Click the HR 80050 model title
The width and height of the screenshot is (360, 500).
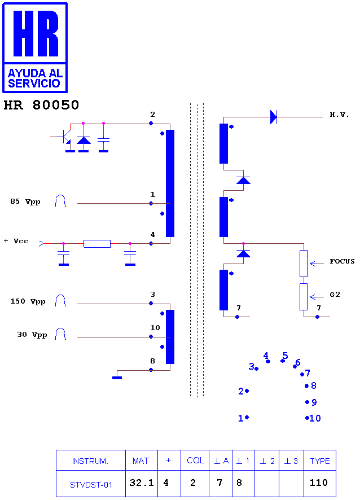(x=41, y=105)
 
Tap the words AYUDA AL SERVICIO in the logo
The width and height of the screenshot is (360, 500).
(x=35, y=78)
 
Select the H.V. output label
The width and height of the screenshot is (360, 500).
(x=339, y=115)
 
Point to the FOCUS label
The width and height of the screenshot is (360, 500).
(x=342, y=261)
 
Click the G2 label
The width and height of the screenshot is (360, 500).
(x=335, y=295)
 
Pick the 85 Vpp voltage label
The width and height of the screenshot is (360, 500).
(x=25, y=201)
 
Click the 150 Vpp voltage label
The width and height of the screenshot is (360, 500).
(x=28, y=301)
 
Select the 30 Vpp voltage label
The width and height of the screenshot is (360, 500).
(x=32, y=335)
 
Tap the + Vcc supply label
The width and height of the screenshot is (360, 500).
(x=16, y=241)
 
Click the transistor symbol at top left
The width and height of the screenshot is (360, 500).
(x=65, y=137)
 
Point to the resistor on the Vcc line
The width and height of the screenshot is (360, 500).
(x=97, y=244)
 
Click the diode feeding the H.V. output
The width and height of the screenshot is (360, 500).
(x=274, y=117)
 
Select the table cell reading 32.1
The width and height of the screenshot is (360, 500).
(x=142, y=483)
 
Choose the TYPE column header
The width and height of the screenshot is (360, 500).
(x=320, y=460)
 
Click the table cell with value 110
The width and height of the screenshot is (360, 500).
(x=319, y=483)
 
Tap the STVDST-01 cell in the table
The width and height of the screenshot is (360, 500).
(x=91, y=485)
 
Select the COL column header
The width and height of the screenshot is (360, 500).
(x=195, y=460)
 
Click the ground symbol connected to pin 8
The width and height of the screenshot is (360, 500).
(x=117, y=378)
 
